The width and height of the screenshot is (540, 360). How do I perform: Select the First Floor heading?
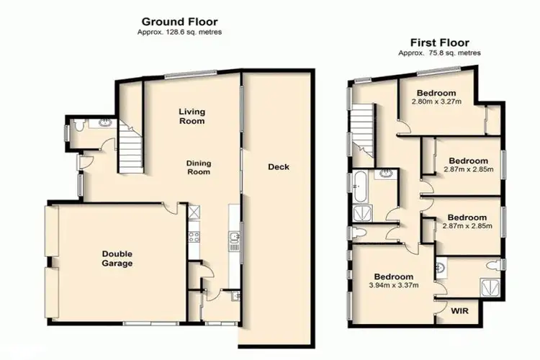pyautogui.click(x=441, y=42)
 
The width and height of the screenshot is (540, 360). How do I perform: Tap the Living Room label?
pyautogui.click(x=192, y=116)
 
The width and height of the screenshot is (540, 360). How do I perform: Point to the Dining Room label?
pyautogui.click(x=198, y=167)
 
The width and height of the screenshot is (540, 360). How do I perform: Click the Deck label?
pyautogui.click(x=278, y=167)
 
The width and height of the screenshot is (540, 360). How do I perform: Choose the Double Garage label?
pyautogui.click(x=117, y=258)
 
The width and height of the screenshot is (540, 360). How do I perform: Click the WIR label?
pyautogui.click(x=458, y=312)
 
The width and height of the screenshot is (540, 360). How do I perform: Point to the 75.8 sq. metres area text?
pyautogui.click(x=441, y=53)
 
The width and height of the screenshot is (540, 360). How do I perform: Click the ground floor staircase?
pyautogui.click(x=130, y=147)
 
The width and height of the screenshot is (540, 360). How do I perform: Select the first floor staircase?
pyautogui.click(x=364, y=130)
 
